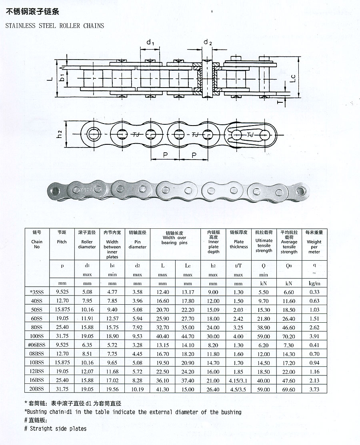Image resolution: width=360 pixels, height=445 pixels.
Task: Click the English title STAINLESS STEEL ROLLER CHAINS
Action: coord(54,26)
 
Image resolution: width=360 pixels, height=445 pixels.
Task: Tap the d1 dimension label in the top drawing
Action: coord(150,42)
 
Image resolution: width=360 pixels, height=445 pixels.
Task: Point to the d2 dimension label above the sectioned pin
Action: coord(208,42)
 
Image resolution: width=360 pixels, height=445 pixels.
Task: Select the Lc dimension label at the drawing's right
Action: coord(293,79)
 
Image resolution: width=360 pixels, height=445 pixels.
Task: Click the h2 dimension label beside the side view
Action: coord(59,134)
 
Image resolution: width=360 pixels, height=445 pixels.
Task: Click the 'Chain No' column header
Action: coord(37,244)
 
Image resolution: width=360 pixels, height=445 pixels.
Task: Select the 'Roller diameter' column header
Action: coord(87,244)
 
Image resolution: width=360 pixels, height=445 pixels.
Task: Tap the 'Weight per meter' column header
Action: coord(314,247)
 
